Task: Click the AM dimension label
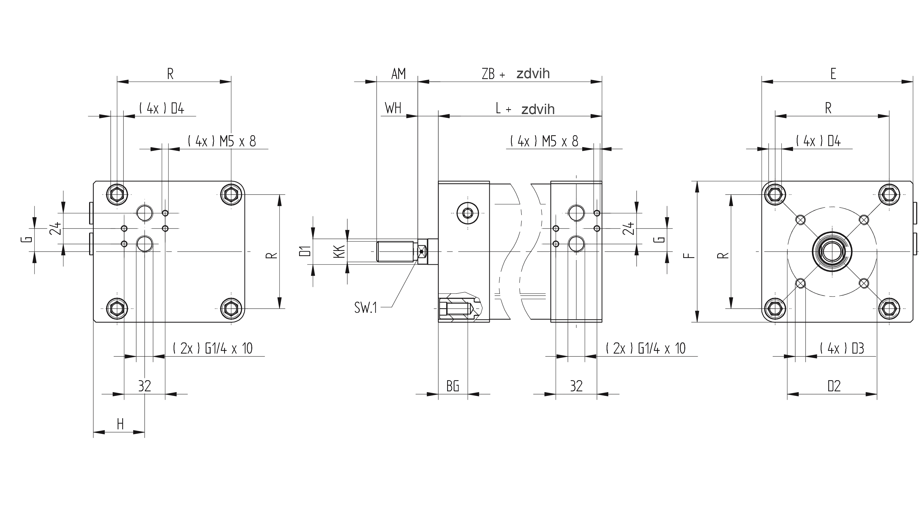399,74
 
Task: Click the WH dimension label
393,108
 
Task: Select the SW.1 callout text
365,307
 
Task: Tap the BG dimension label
453,386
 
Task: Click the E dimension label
833,74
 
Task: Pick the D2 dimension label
834,386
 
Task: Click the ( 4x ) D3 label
842,348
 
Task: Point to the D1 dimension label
305,251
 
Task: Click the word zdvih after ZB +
533,74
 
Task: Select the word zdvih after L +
538,109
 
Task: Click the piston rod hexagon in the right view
832,251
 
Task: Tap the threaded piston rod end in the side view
396,251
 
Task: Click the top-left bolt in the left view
117,195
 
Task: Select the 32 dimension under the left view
145,386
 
